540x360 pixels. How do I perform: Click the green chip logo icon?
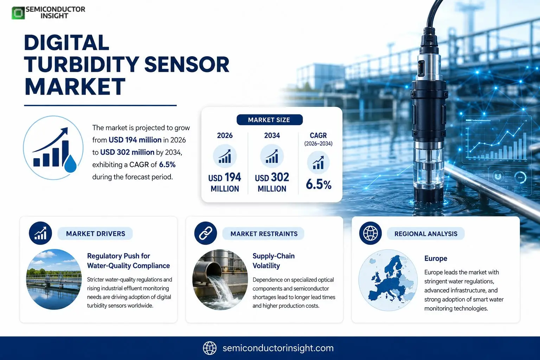[x=18, y=13]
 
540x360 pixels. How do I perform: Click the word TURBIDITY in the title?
[x=82, y=64]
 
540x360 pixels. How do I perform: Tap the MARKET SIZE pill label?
[x=270, y=120]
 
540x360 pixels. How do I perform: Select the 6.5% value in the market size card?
[x=319, y=185]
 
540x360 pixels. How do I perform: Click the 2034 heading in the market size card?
[x=272, y=135]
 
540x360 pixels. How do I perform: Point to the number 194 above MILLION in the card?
[x=232, y=177]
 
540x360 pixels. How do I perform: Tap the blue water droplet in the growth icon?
[x=70, y=164]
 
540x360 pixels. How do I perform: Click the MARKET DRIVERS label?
[x=96, y=234]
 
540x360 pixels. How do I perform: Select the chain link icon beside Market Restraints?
[x=205, y=233]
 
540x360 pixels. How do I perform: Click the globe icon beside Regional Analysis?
[x=370, y=233]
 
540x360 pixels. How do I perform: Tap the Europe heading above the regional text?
[x=436, y=258]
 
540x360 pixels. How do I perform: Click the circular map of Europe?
[x=388, y=280]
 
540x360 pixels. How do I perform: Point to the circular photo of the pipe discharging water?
[x=220, y=279]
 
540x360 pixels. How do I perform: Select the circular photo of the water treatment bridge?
[x=54, y=279]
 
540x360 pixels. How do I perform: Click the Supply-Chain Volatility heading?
[x=274, y=261]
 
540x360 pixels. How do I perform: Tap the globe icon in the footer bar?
[x=210, y=348]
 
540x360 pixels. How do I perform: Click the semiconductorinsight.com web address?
[x=278, y=348]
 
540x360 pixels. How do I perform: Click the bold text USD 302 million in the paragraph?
[x=127, y=152]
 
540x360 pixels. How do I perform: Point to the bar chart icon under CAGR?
[x=318, y=162]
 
